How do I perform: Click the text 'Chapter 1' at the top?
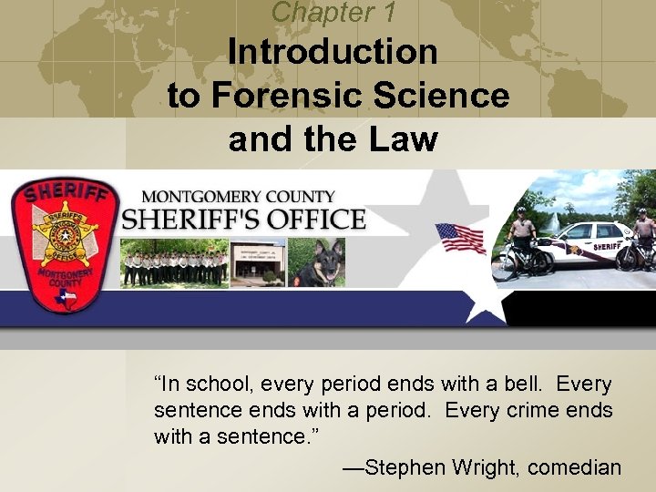point(333,12)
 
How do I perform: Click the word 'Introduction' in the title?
point(333,51)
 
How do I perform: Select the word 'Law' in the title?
point(405,139)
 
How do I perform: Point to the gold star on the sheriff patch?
point(65,233)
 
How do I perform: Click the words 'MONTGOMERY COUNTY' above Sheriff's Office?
point(239,197)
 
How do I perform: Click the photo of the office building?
point(258,263)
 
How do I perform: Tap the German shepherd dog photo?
point(317,263)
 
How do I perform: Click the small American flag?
point(460,239)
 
